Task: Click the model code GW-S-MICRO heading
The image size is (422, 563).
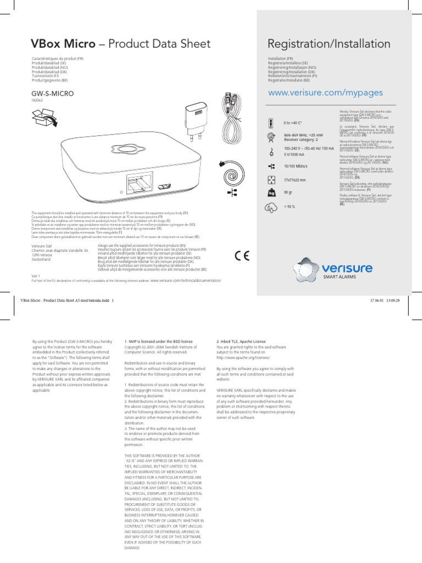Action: coord(52,94)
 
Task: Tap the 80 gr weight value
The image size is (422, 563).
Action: coord(288,193)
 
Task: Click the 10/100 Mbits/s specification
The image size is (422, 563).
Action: coord(296,166)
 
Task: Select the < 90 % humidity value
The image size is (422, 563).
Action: coord(289,207)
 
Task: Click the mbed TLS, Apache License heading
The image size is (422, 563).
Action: coord(241,341)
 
